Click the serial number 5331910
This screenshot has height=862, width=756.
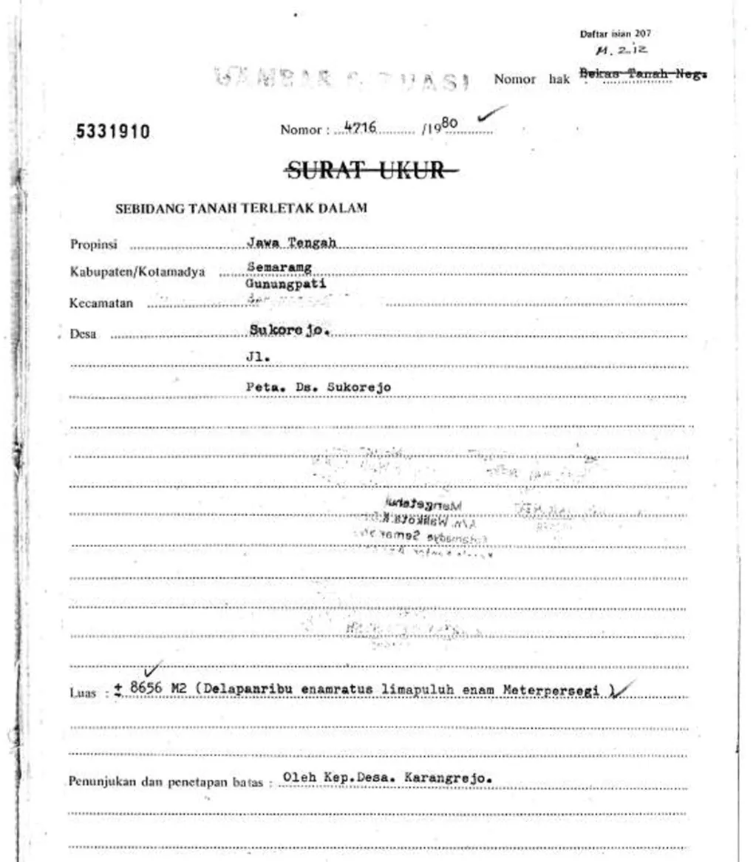pyautogui.click(x=113, y=132)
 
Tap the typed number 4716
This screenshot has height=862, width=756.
pyautogui.click(x=361, y=128)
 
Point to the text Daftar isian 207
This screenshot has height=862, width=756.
pyautogui.click(x=615, y=34)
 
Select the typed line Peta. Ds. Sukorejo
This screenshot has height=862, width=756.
pyautogui.click(x=318, y=387)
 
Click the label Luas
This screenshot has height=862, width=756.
pyautogui.click(x=82, y=693)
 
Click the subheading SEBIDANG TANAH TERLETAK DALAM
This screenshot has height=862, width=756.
pyautogui.click(x=241, y=208)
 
